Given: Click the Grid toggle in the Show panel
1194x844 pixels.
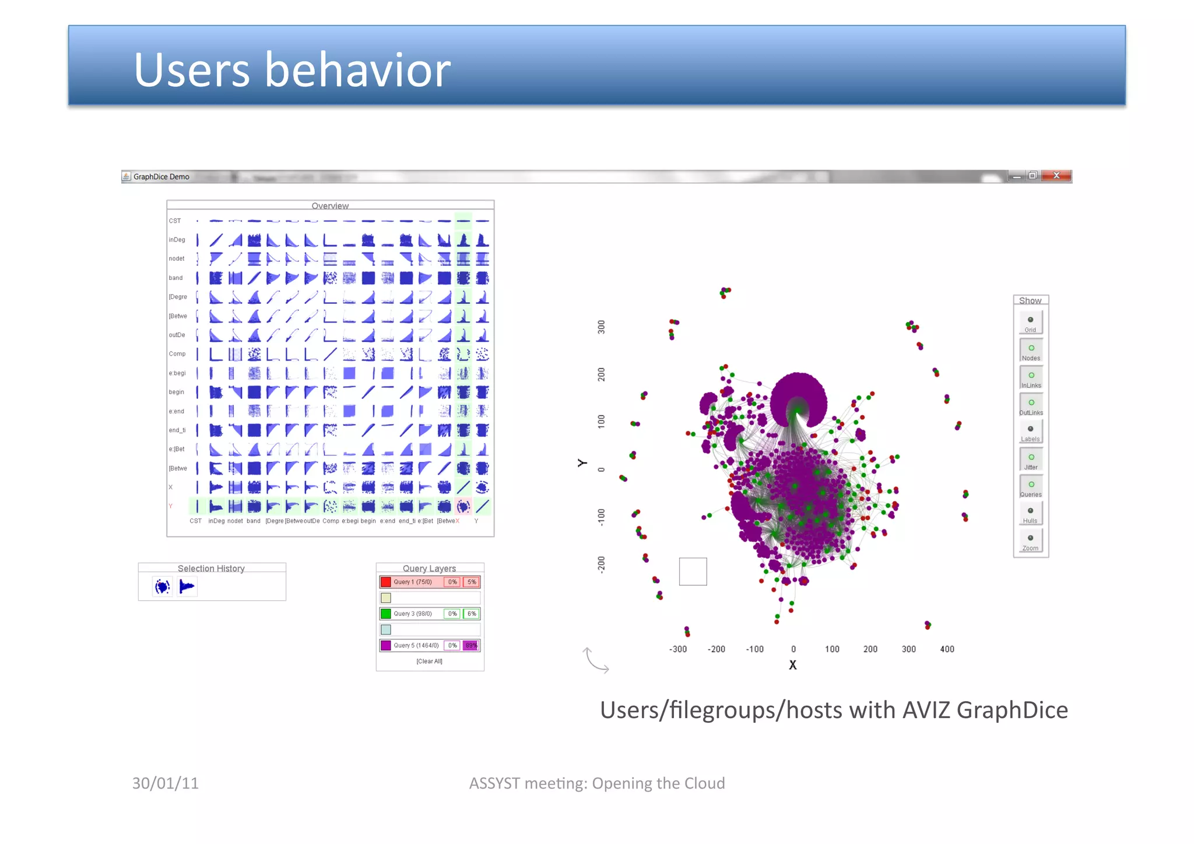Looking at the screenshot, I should [1030, 323].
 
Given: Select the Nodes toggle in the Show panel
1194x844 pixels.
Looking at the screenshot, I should [1031, 351].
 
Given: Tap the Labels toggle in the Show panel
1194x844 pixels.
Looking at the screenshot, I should [1030, 432].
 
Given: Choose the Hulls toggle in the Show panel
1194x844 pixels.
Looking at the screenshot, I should [1030, 513].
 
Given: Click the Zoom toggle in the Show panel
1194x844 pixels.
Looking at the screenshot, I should [1030, 541].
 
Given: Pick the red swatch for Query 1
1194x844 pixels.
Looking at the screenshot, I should [386, 582].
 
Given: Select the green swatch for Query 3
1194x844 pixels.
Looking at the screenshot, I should [386, 614].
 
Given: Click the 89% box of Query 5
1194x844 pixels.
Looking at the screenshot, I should [471, 645].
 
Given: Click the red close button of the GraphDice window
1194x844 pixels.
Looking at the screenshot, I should [1056, 176].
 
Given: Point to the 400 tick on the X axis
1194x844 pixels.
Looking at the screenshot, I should [947, 649].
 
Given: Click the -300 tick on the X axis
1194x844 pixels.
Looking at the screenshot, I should [678, 649].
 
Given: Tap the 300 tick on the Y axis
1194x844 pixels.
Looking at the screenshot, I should [601, 327].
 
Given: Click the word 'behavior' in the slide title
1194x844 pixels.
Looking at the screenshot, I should [358, 70].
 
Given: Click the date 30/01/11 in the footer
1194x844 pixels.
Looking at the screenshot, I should [166, 783].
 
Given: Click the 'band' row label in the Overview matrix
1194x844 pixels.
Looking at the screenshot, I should [176, 278].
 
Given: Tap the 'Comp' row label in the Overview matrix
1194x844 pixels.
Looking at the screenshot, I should [177, 354].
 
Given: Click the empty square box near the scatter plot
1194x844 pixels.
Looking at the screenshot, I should [693, 572].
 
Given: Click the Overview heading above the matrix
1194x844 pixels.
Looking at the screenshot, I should [330, 206].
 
